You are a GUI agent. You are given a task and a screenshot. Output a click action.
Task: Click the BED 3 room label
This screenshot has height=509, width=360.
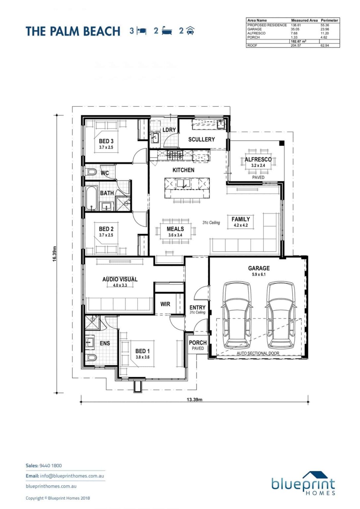[106, 141]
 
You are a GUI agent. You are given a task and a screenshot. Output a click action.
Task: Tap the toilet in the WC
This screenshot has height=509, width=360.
[91, 172]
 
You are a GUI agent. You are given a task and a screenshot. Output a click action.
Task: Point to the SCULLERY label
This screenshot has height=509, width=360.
[201, 139]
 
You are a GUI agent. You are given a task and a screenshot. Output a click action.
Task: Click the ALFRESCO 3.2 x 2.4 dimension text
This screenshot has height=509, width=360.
[258, 165]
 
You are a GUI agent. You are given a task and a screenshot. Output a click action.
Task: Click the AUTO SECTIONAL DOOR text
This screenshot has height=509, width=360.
[258, 353]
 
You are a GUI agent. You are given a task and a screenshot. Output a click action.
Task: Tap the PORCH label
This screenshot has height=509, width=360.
[198, 342]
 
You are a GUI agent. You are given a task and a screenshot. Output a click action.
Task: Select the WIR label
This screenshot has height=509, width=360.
[165, 304]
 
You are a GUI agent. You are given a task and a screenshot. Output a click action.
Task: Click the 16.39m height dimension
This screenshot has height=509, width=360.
[54, 254]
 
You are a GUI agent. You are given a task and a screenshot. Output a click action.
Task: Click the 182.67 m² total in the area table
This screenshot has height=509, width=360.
[299, 41]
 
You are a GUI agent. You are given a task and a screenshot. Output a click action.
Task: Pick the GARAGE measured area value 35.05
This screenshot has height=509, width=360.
[295, 29]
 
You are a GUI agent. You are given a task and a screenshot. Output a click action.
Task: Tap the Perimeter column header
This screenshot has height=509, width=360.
[329, 20]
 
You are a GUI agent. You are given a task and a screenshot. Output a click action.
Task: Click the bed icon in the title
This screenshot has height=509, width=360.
[141, 31]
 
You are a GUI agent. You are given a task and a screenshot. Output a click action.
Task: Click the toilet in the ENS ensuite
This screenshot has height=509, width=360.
[91, 358]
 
